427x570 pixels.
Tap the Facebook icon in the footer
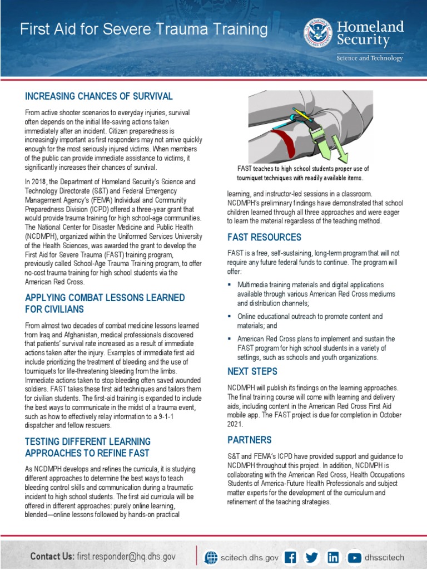point(291,557)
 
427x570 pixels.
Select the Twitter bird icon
point(312,557)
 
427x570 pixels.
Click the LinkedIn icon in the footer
point(333,557)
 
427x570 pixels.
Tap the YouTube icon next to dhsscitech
point(354,557)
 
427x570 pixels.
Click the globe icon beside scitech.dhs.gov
point(211,557)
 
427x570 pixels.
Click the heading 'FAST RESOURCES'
point(264,237)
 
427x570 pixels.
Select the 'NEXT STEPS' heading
point(252,371)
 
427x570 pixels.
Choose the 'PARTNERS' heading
point(249,440)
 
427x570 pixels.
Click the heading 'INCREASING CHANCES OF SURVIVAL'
point(99,96)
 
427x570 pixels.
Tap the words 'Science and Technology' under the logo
point(369,58)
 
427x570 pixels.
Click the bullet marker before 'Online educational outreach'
point(230,317)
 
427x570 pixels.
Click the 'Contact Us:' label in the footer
point(52,556)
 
